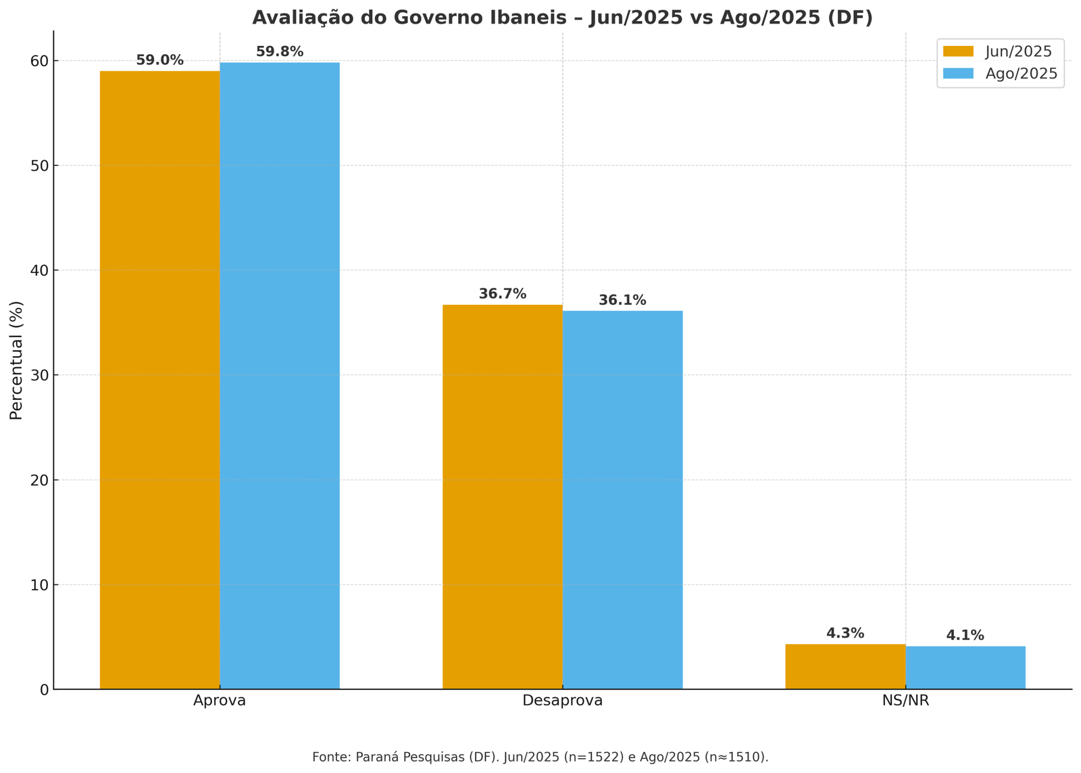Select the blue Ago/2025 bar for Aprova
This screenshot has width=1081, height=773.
click(x=280, y=376)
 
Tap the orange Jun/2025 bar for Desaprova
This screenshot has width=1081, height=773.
click(x=503, y=497)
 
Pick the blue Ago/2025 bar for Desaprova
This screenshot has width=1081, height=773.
click(x=622, y=500)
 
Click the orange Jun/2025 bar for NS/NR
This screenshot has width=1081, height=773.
click(x=845, y=666)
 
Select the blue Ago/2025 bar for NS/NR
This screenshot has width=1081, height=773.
click(x=965, y=668)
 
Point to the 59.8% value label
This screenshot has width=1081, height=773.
click(x=280, y=52)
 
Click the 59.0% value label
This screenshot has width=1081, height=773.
click(x=159, y=60)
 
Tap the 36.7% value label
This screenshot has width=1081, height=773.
click(x=503, y=294)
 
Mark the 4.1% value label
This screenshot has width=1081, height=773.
click(x=965, y=635)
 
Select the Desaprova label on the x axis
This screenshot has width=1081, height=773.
click(x=562, y=701)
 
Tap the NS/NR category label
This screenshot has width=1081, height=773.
click(x=905, y=701)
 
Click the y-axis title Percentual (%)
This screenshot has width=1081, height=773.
click(x=16, y=359)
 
